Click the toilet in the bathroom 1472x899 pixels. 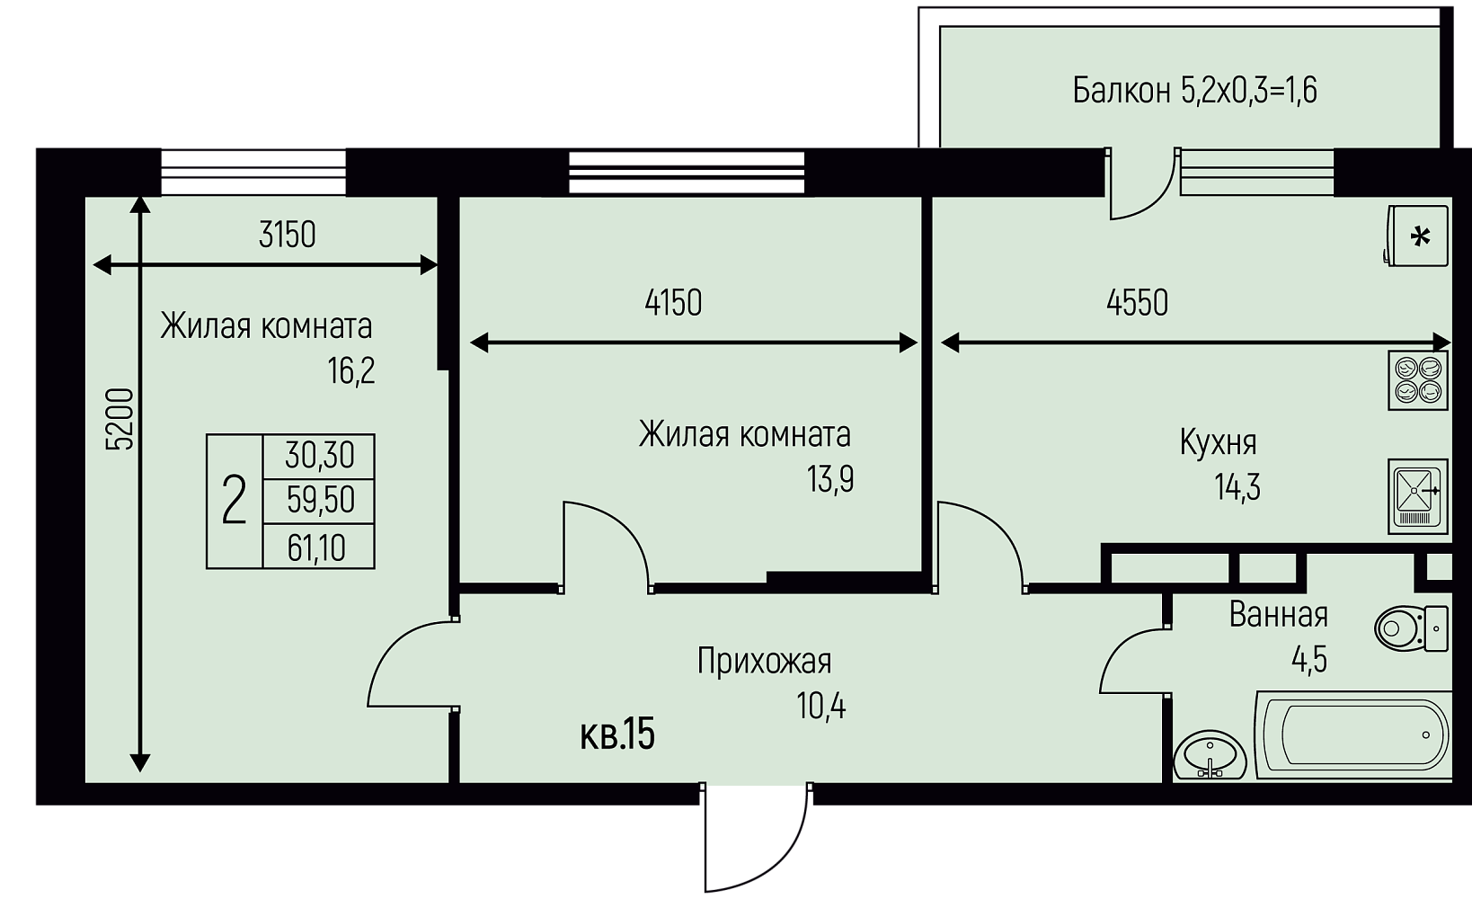tap(1411, 628)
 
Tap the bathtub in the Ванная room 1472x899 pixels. tap(1353, 735)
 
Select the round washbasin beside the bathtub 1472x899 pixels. tap(1210, 756)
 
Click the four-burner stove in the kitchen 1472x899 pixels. tap(1418, 380)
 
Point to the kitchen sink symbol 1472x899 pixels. tap(1418, 496)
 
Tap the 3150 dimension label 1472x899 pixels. tap(288, 235)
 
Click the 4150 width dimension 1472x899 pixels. tap(674, 303)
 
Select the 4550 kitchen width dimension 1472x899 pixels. tap(1138, 303)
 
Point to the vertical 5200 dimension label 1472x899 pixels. tap(120, 419)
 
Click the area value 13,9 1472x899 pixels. tap(830, 479)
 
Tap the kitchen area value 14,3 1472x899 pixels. tap(1237, 487)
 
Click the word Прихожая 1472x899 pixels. tap(764, 662)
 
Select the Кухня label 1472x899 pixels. tap(1219, 443)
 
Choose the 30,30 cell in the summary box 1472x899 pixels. tap(319, 456)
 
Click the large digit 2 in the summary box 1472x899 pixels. tap(234, 501)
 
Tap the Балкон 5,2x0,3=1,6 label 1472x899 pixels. tap(1194, 91)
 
